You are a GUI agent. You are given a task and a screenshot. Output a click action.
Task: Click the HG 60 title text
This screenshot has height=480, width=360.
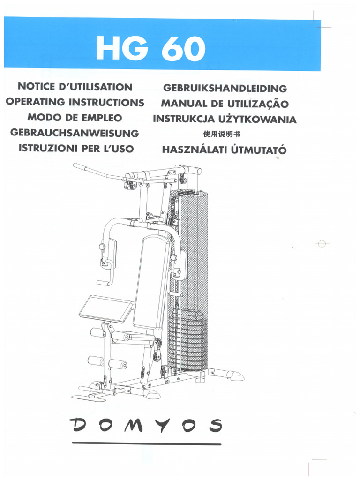[x=150, y=49]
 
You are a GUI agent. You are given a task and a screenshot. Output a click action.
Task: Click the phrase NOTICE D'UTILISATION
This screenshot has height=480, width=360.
[x=75, y=87]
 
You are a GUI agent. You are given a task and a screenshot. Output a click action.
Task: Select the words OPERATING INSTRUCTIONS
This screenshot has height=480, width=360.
[x=75, y=102]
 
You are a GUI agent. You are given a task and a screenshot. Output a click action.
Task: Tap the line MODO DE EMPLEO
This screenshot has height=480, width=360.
[x=75, y=118]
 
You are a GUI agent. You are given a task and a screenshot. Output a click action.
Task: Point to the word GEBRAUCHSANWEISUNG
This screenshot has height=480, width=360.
[x=75, y=133]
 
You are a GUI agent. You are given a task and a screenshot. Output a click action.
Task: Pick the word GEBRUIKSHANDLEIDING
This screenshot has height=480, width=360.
[x=225, y=88]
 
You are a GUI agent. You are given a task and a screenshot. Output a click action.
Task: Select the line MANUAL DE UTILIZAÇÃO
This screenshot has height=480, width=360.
[x=225, y=104]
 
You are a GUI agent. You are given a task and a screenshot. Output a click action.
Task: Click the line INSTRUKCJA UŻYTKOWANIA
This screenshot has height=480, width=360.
[x=225, y=119]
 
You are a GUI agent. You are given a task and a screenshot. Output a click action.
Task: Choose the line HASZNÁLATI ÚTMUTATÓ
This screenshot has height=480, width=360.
[x=224, y=150]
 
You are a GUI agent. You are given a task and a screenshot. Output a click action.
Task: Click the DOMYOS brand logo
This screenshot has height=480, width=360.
[x=146, y=426]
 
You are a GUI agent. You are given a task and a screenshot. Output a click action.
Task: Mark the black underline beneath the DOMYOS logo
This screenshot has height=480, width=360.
[x=146, y=443]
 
